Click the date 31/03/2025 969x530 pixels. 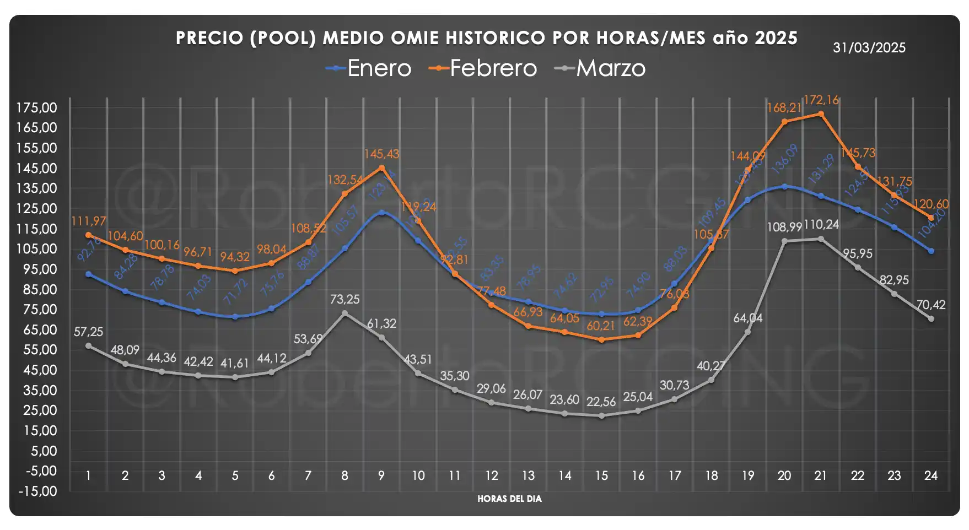[869, 48]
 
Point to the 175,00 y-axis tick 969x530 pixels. [37, 108]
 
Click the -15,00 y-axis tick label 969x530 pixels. [37, 491]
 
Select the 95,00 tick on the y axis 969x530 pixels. [37, 269]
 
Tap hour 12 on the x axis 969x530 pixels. [491, 475]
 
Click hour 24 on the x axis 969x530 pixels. [930, 475]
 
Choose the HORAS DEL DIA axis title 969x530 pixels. [509, 499]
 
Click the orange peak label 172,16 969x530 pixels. [821, 100]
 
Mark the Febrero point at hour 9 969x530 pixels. [381, 167]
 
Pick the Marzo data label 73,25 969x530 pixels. [345, 300]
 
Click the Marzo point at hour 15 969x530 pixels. [601, 416]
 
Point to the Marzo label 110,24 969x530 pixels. [821, 225]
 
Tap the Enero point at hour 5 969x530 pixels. [235, 317]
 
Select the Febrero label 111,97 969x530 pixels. [89, 221]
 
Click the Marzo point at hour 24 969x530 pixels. [931, 319]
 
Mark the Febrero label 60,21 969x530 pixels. [601, 326]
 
